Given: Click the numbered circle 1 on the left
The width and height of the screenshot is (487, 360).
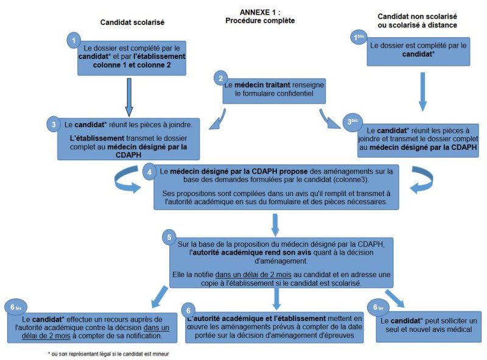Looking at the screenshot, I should pyautogui.click(x=74, y=40).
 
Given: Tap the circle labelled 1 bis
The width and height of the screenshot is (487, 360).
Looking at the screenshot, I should pyautogui.click(x=359, y=38).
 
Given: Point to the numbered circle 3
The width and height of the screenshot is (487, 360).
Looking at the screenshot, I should pyautogui.click(x=54, y=123).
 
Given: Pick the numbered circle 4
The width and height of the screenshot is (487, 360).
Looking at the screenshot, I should pyautogui.click(x=150, y=172).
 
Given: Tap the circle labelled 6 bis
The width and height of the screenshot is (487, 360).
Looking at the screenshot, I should pyautogui.click(x=13, y=306).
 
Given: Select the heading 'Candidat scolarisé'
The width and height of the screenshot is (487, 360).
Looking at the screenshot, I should pyautogui.click(x=133, y=23).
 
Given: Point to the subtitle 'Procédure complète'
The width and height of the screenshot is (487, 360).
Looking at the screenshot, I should pyautogui.click(x=259, y=21).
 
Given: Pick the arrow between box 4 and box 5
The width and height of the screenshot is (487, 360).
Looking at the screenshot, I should pyautogui.click(x=276, y=224).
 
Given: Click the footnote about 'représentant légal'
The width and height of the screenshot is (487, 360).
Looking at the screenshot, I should pyautogui.click(x=108, y=353).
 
